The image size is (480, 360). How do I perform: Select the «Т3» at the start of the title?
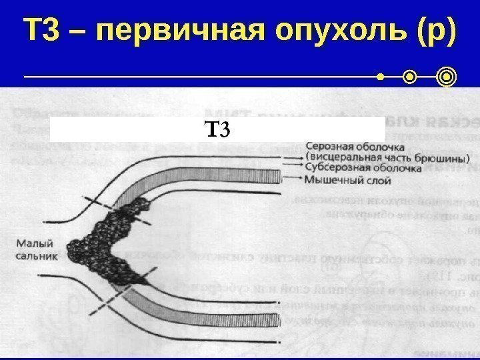coord(41,31)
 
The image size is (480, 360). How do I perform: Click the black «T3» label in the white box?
coord(217,128)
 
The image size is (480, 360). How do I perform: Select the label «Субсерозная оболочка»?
coord(363,169)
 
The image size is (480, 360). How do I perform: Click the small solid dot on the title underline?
coord(381,79)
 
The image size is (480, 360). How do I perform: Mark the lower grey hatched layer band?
coord(213,300)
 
